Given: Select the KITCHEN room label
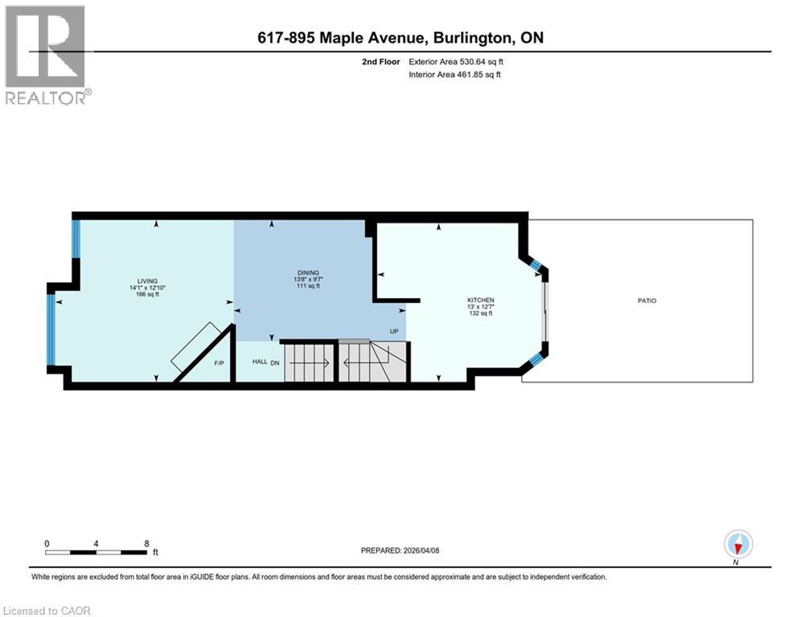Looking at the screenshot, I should pos(479,300).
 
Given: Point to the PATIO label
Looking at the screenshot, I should pos(646,300).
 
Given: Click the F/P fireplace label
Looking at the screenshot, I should pos(219,364).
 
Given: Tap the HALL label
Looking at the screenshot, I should pos(260,362).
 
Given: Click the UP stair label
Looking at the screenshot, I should pos(394,331).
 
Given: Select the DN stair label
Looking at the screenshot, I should pos(275,362).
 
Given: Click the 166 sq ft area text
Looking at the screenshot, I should pos(146,294).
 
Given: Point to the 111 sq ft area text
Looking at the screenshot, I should pos(308,286).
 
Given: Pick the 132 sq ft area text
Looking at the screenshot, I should pos(479,313).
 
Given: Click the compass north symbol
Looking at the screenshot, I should pos(737,544).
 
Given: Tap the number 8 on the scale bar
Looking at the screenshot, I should pos(146,543).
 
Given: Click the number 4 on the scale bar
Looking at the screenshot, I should pos(96,543).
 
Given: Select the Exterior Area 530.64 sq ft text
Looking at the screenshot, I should pos(456,61).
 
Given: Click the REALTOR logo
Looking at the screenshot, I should pos(47,55).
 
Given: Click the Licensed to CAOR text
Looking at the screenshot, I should pos(47,611).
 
